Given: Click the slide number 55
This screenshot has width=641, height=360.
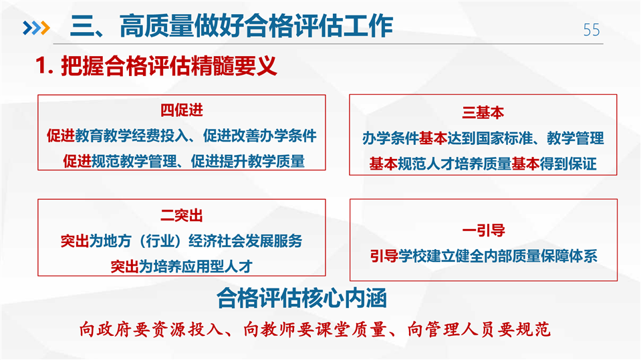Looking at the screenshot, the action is (x=592, y=30).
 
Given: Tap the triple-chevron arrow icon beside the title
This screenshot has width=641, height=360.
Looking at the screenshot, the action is (x=36, y=28).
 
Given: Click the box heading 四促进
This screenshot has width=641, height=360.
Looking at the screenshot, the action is (x=182, y=110).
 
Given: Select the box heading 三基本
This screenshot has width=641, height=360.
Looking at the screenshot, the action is (x=483, y=112).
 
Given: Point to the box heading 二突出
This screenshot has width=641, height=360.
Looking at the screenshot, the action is (x=182, y=215).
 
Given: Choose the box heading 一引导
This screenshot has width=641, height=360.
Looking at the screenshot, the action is (x=483, y=230).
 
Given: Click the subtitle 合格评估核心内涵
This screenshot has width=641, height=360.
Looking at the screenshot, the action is (x=301, y=298).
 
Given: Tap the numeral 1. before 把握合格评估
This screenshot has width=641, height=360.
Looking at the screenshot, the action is (x=45, y=65).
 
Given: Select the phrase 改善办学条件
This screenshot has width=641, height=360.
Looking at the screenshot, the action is (x=274, y=136).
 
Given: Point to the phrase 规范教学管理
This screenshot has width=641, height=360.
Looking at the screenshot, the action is (x=134, y=161).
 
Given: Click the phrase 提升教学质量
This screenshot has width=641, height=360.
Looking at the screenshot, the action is (x=262, y=161).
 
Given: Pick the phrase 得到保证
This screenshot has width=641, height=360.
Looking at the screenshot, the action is (x=568, y=164).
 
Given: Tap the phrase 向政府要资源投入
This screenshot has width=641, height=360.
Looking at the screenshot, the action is (x=150, y=329).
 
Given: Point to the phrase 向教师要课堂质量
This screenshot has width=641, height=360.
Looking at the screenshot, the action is (x=315, y=329).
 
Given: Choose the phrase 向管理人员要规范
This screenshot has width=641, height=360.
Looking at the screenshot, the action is (x=479, y=329).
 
